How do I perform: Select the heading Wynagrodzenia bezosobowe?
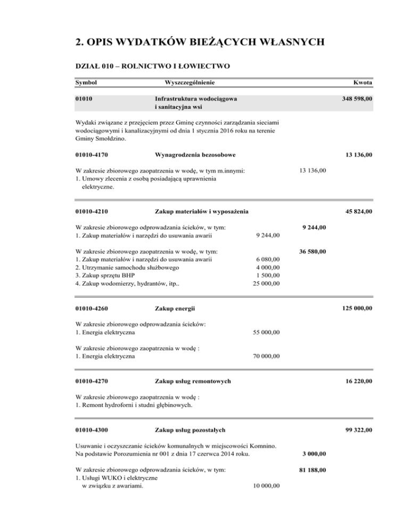coord(195,155)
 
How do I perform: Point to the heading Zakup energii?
coord(175,308)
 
